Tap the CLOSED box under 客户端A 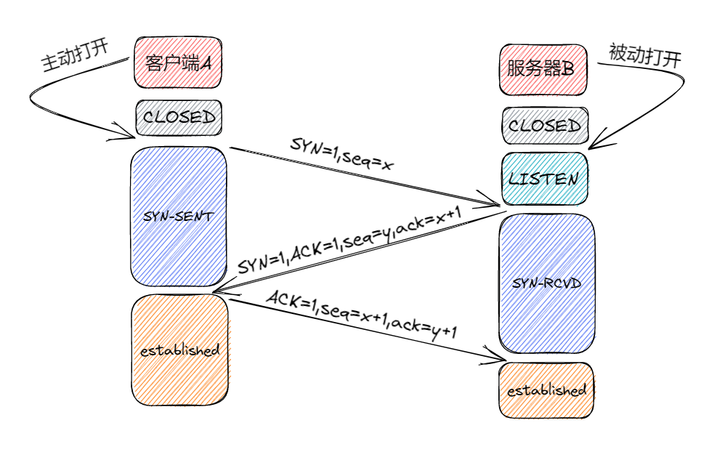click(x=178, y=117)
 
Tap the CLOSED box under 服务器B click(x=544, y=126)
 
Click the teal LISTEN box click(x=544, y=179)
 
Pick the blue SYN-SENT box click(x=178, y=216)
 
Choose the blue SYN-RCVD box click(x=547, y=283)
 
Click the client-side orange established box click(x=179, y=350)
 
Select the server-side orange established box click(x=546, y=390)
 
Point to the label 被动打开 click(x=644, y=55)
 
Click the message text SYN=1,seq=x click(x=341, y=153)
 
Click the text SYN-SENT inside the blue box click(x=178, y=216)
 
